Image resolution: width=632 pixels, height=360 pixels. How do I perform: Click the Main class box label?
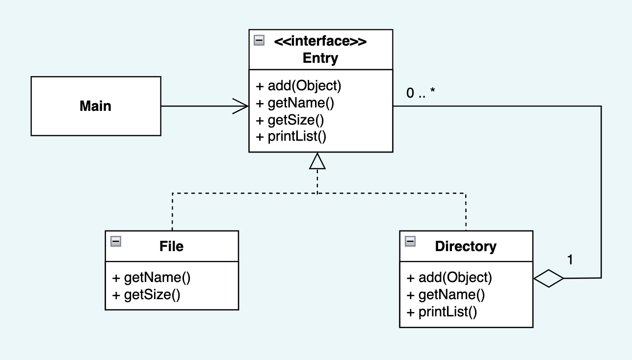pyautogui.click(x=95, y=106)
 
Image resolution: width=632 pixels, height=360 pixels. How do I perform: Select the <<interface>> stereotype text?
pyautogui.click(x=320, y=41)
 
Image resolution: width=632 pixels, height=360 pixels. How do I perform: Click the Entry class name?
pyautogui.click(x=320, y=58)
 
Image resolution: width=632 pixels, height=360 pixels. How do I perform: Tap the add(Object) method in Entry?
pyautogui.click(x=298, y=86)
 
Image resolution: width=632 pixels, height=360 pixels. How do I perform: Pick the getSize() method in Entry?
pyautogui.click(x=290, y=120)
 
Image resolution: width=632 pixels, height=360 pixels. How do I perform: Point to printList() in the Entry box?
pyautogui.click(x=291, y=136)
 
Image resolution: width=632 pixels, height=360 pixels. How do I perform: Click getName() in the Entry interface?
pyautogui.click(x=295, y=103)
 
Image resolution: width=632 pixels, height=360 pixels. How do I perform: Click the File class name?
pyautogui.click(x=172, y=246)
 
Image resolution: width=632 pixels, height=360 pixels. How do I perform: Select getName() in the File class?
pyautogui.click(x=152, y=278)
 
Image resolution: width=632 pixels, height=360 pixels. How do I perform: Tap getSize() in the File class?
pyautogui.click(x=146, y=295)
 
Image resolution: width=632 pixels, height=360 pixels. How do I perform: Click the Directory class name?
pyautogui.click(x=466, y=246)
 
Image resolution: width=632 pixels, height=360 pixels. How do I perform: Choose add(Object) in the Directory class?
pyautogui.click(x=449, y=278)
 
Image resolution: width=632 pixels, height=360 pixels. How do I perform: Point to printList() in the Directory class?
pyautogui.click(x=442, y=312)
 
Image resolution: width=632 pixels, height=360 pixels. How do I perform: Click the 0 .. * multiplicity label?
pyautogui.click(x=421, y=93)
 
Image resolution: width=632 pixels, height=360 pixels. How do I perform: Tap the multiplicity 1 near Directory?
pyautogui.click(x=570, y=259)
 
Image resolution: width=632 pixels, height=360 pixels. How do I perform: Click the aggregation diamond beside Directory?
pyautogui.click(x=548, y=279)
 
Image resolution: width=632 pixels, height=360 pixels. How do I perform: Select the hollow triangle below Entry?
pyautogui.click(x=317, y=161)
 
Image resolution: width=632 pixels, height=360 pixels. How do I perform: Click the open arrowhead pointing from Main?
pyautogui.click(x=240, y=106)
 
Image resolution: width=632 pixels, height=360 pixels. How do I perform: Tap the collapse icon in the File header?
pyautogui.click(x=116, y=241)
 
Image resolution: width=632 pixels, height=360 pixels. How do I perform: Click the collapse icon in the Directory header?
pyautogui.click(x=410, y=241)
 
